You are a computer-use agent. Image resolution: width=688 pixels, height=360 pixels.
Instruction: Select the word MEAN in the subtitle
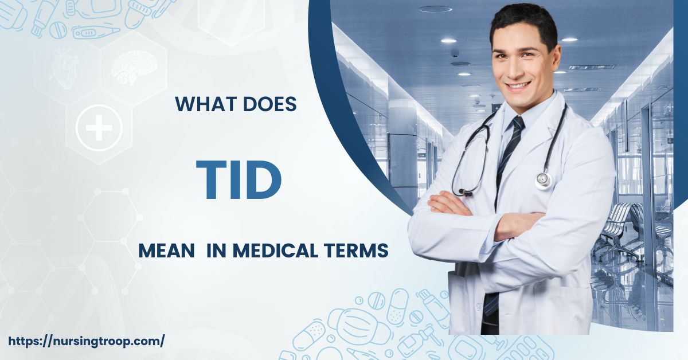(166, 251)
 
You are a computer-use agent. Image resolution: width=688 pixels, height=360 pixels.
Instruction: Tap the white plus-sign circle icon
(99, 127)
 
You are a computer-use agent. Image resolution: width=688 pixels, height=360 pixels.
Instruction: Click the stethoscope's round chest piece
(542, 181)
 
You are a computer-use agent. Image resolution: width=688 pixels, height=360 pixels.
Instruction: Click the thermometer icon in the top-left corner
(95, 32)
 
